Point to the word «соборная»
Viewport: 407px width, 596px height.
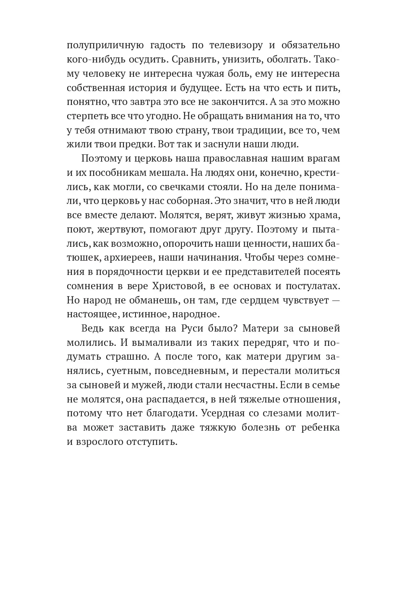[x=189, y=201]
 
